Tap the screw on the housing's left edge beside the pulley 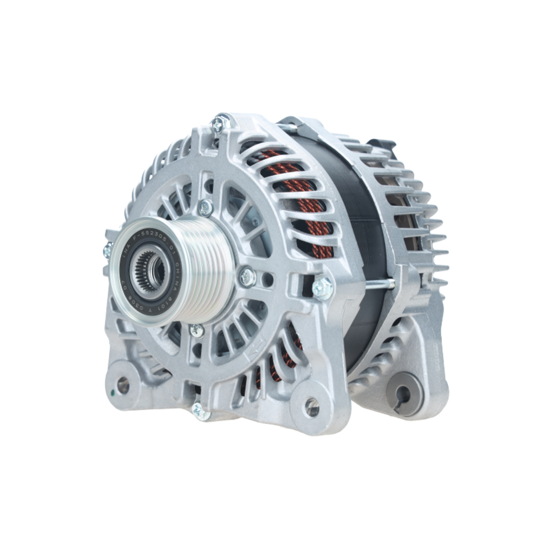(108, 251)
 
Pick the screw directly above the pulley (205, 208)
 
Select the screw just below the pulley (197, 331)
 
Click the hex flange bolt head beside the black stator (322, 288)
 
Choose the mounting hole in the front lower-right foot (312, 408)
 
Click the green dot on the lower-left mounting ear (113, 393)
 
